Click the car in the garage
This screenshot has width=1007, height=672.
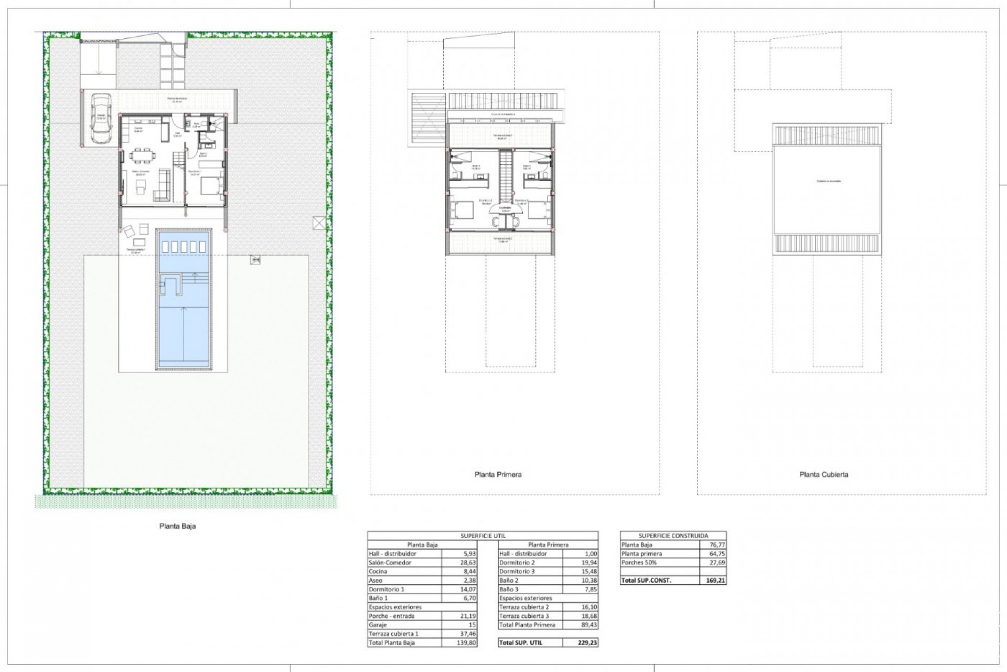tap(101, 118)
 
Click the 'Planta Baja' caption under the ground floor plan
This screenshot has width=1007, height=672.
tap(177, 526)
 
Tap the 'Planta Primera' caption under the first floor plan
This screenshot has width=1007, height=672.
tap(498, 474)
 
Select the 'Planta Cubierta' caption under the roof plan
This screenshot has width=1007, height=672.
tap(823, 474)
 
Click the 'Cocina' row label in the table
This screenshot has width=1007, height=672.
tap(378, 571)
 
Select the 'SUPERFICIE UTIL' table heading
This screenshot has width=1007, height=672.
tap(483, 535)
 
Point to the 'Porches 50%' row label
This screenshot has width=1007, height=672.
tap(639, 562)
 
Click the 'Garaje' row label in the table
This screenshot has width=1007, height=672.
tap(378, 625)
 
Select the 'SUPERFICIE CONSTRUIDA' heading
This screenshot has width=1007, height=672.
tap(673, 535)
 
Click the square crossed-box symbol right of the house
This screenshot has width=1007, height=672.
tap(318, 223)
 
